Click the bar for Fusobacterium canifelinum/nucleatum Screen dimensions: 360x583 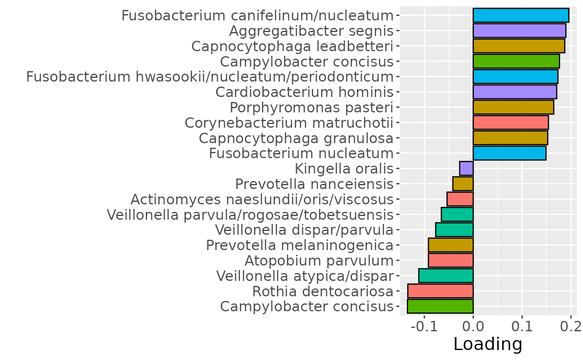point(521,15)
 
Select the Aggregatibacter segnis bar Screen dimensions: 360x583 point(519,31)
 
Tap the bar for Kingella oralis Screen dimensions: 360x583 point(466,169)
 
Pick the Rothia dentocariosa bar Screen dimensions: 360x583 point(440,291)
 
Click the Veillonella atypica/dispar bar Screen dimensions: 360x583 point(446,276)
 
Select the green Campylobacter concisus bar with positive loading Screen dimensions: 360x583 point(516,62)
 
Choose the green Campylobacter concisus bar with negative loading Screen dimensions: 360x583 point(440,306)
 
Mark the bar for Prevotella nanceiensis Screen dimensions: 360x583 point(463,184)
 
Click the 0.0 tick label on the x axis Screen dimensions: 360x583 point(473,325)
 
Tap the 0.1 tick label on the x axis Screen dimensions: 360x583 point(522,325)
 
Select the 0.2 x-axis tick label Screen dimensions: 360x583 point(571,325)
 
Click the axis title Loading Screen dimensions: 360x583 point(488,345)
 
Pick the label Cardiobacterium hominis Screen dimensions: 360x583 point(304,92)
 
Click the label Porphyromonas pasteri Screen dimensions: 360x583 point(311,107)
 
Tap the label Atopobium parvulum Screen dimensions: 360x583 point(319,261)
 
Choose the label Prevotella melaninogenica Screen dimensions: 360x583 point(300,246)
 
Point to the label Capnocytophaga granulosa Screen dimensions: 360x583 point(296,138)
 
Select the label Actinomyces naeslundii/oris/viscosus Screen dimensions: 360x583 point(262,200)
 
